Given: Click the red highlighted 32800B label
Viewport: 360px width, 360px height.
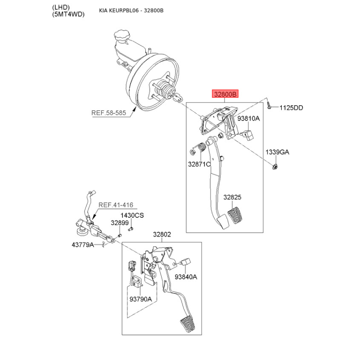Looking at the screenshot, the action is [x=225, y=94].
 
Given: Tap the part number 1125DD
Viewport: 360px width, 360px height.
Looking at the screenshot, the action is [x=291, y=108].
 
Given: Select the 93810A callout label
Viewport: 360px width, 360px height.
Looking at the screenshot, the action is [x=248, y=118].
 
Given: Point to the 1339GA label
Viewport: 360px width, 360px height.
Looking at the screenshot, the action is [x=277, y=152].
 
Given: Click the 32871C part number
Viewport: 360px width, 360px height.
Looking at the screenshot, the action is [x=199, y=164].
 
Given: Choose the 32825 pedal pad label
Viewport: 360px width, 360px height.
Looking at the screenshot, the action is [x=232, y=197].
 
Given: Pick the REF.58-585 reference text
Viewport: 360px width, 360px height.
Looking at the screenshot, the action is [x=108, y=113].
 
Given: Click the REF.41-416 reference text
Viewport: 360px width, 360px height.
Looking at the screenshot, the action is [x=116, y=205].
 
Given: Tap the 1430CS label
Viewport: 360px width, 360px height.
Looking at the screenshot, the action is [x=132, y=216].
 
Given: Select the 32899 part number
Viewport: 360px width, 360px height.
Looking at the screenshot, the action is [x=120, y=223].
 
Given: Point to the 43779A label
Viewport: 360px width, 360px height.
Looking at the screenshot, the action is [x=83, y=245].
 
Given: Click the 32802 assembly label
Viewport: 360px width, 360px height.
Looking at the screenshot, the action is [x=162, y=234].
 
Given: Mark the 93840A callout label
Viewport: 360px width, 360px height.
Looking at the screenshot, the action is [x=186, y=277].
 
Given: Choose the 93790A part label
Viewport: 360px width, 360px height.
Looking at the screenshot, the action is [x=140, y=299].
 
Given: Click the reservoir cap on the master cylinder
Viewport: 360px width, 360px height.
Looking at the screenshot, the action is [x=121, y=35].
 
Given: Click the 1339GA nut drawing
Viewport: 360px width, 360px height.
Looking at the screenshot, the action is [x=274, y=166].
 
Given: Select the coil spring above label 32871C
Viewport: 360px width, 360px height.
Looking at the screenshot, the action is [x=201, y=147].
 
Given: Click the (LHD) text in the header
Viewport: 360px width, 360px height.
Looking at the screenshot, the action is [x=61, y=7].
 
